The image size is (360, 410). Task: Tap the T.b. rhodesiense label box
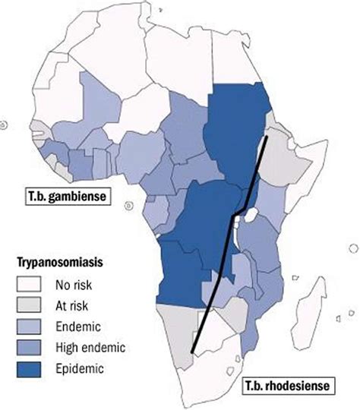point(287,386)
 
